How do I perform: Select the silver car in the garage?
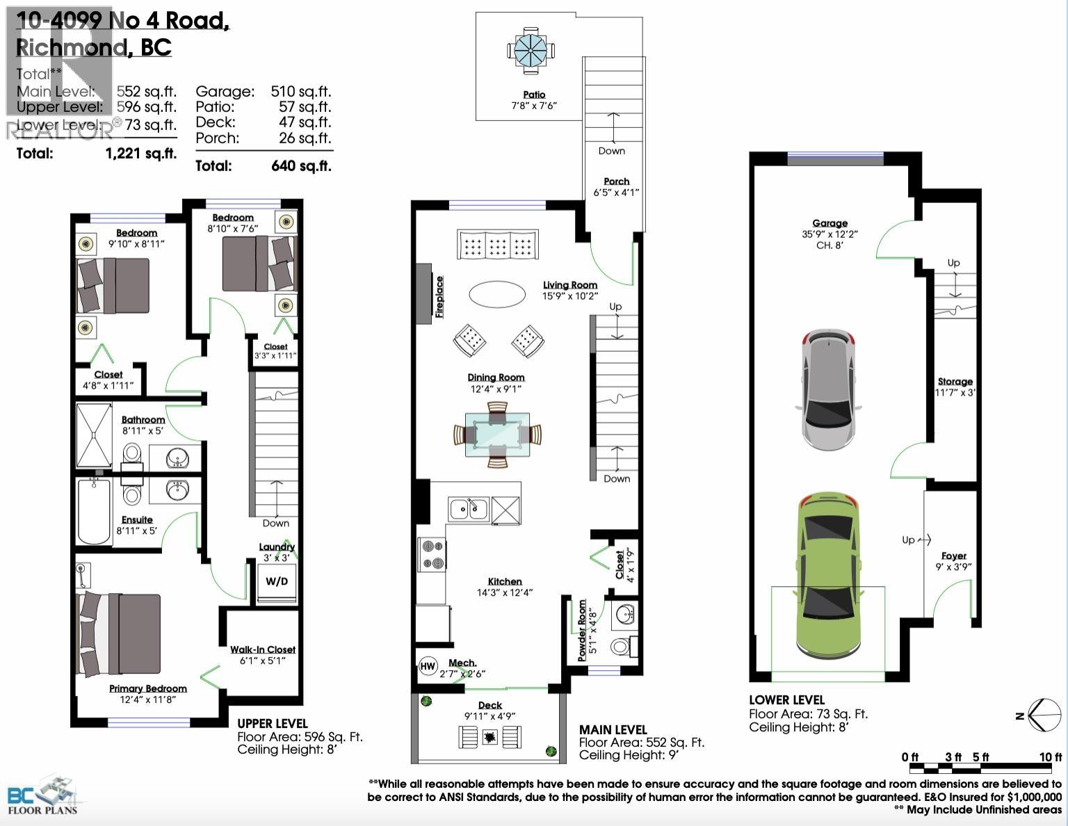click(x=827, y=389)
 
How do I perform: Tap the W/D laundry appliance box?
click(x=277, y=581)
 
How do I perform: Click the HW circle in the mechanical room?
click(x=428, y=666)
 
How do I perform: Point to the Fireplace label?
click(x=439, y=297)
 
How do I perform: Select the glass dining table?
click(x=497, y=435)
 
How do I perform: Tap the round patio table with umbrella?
click(x=531, y=50)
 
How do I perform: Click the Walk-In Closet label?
click(x=263, y=649)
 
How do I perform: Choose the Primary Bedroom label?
click(x=147, y=688)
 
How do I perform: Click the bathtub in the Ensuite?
click(x=94, y=511)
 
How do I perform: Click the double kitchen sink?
click(x=469, y=510)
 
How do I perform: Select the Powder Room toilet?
click(x=621, y=647)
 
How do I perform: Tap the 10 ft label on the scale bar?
click(x=1050, y=757)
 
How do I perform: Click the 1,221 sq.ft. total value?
click(x=141, y=154)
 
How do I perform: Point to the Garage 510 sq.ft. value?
click(x=300, y=91)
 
